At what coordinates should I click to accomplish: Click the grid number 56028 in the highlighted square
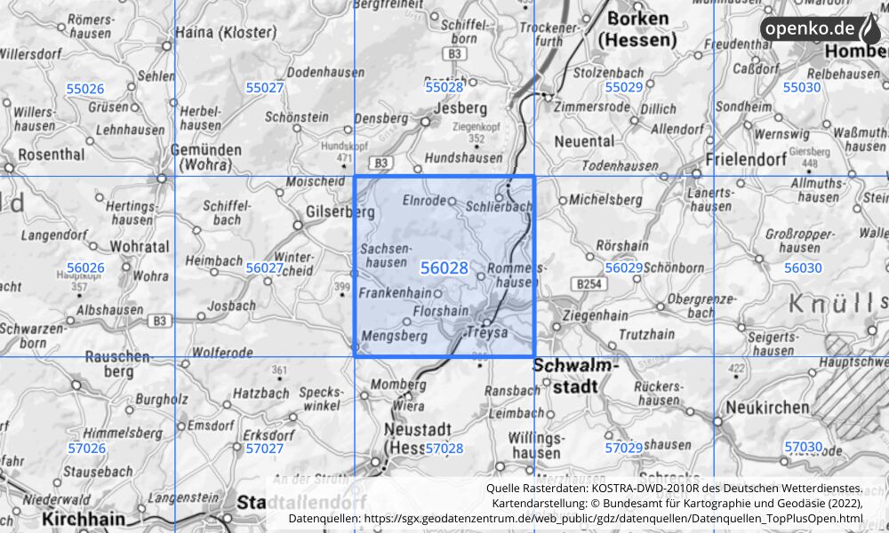point(444,267)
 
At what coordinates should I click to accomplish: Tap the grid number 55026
point(85,88)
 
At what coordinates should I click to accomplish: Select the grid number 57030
point(803,447)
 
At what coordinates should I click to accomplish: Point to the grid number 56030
point(803,267)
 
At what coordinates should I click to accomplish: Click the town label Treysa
point(486,331)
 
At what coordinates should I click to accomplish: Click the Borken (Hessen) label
point(637,29)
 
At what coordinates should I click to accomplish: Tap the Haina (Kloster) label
point(226,32)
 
